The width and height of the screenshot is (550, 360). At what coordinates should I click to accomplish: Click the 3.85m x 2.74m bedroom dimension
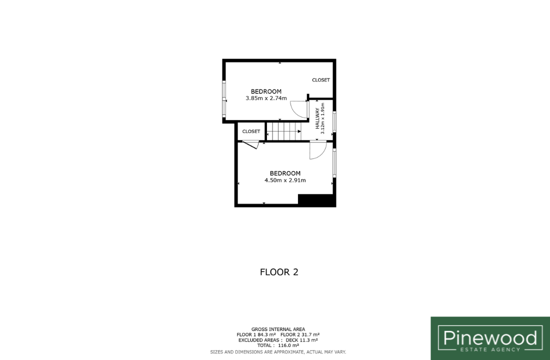tap(266, 98)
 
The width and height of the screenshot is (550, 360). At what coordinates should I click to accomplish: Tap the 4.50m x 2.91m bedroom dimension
tap(285, 180)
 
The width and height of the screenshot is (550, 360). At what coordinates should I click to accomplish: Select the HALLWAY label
tap(317, 118)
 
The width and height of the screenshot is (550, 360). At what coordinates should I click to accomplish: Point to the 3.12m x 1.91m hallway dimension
tap(322, 118)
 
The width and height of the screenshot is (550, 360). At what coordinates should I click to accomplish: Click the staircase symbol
tap(284, 131)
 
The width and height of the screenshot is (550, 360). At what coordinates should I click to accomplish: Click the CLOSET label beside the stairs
tap(251, 131)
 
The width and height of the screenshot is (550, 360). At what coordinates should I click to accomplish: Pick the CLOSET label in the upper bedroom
tap(321, 80)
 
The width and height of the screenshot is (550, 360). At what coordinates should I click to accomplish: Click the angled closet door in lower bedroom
tap(250, 144)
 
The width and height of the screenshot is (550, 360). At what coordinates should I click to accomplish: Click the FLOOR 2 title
tap(279, 272)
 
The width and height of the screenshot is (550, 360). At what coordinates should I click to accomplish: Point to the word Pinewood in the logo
tap(490, 338)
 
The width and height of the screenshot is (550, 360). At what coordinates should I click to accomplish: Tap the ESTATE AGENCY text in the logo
tap(490, 349)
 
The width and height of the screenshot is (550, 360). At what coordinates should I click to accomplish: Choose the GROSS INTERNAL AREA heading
tap(278, 329)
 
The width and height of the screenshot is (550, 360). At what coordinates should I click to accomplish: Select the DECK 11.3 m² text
tap(301, 340)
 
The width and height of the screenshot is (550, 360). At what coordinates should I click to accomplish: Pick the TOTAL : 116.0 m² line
tap(278, 345)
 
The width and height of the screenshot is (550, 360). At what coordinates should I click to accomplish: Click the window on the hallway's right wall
tap(334, 122)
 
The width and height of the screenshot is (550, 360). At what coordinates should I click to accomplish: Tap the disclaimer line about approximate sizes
tap(278, 352)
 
